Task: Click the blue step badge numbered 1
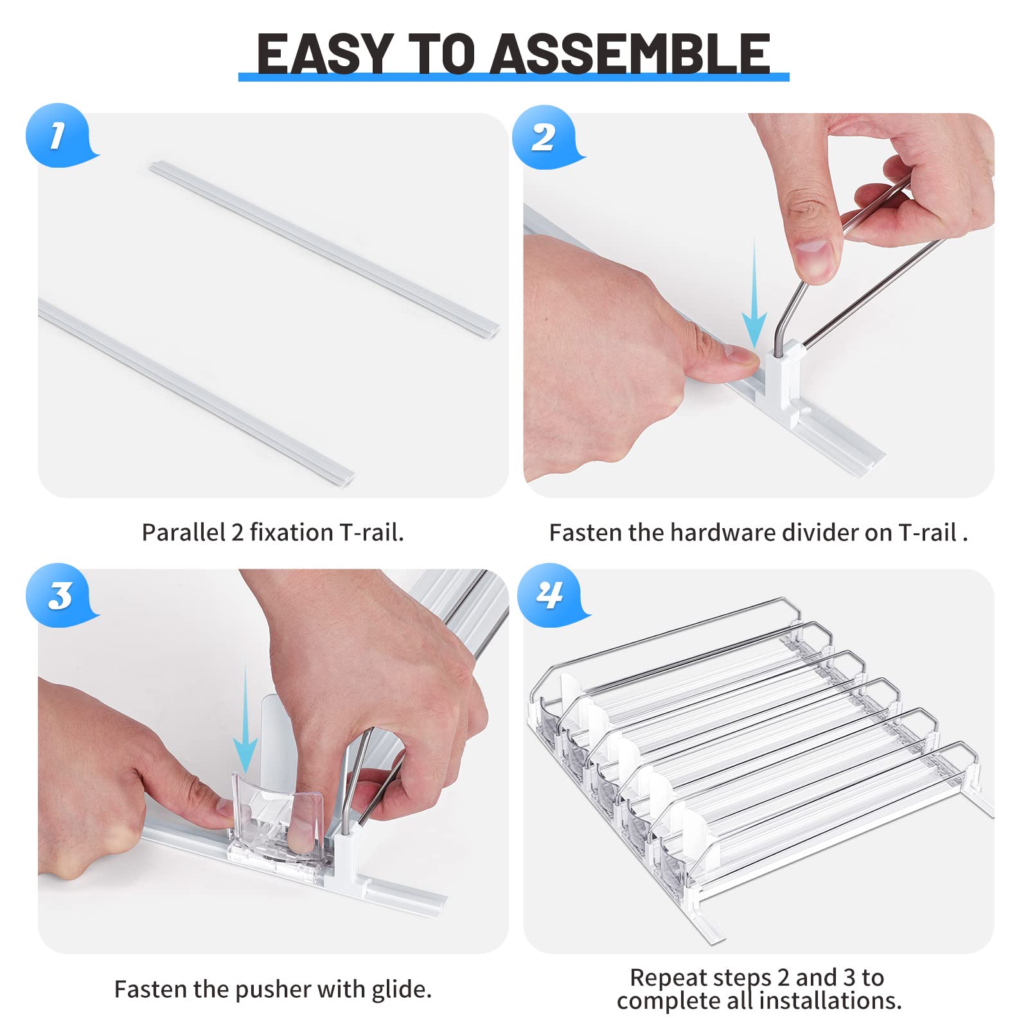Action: [x=60, y=135]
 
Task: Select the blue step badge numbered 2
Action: [x=545, y=137]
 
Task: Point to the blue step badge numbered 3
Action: [x=60, y=595]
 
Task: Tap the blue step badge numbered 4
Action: [x=551, y=595]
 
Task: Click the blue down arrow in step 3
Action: [x=245, y=719]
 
